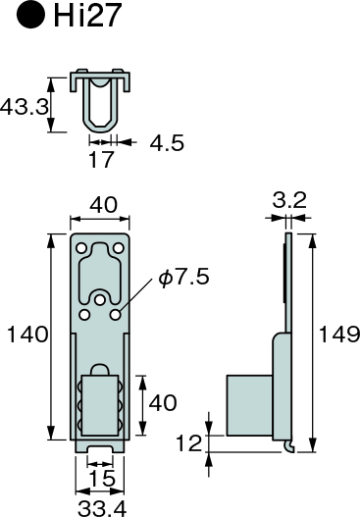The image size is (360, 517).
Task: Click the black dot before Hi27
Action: [30, 15]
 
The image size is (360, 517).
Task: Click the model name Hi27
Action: [86, 15]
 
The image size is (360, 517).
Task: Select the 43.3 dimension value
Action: [24, 107]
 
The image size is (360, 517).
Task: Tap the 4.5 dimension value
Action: [167, 143]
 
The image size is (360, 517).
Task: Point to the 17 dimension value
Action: [101, 159]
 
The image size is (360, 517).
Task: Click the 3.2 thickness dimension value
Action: [289, 200]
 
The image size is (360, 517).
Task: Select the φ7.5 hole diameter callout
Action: [184, 277]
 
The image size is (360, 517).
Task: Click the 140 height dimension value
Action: [27, 334]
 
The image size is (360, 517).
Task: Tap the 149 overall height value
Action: [338, 334]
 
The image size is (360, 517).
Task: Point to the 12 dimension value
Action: [188, 442]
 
